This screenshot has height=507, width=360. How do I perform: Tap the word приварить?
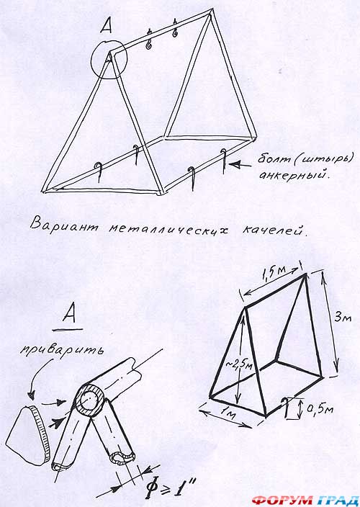pos(61,351)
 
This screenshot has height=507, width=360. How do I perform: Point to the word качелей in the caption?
pos(272,231)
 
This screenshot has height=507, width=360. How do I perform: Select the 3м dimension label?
pos(342,318)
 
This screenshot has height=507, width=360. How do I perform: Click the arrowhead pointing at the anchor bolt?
pos(235,165)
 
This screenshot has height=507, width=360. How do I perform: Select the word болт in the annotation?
pos(272,160)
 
